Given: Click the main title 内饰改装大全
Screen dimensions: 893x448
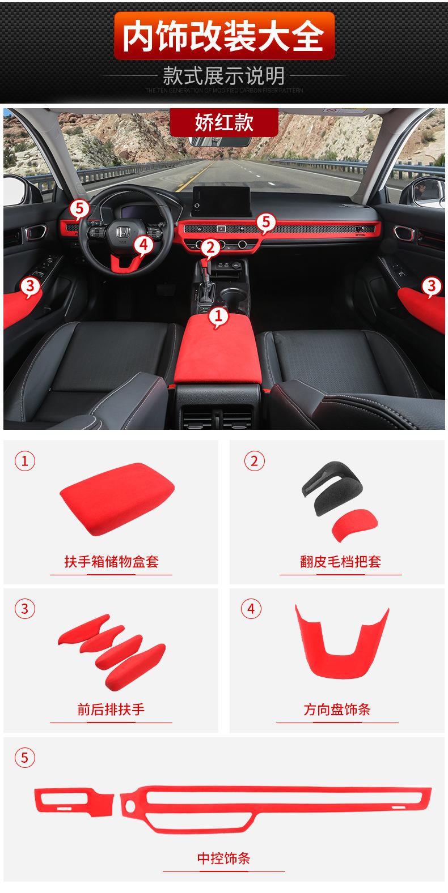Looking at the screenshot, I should coord(224,36).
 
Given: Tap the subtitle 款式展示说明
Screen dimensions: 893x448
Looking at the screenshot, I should coord(224,75).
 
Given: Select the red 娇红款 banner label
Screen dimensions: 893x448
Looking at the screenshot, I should coord(224,122).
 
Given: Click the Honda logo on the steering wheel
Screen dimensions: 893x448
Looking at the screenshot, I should coord(121,233).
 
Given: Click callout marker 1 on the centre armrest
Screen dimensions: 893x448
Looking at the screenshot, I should coord(219,317).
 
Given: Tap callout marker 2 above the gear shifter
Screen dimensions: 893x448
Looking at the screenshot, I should coord(210,247).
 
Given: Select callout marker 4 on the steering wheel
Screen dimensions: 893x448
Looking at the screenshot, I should coord(143,245).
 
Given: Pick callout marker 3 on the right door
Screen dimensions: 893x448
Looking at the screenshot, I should coord(431,286).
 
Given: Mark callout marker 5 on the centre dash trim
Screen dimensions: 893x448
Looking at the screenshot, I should coord(265,223).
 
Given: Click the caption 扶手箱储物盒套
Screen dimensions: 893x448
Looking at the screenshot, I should coord(111,562).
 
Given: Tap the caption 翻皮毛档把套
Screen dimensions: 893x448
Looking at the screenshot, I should coord(340,562).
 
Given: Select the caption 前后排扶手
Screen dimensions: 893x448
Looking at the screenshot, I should coord(111,709).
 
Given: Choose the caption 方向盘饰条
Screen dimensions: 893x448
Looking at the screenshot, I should coord(337,709).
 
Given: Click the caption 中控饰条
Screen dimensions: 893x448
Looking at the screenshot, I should coord(223,858).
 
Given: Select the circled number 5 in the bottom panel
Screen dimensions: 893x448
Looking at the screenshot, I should coord(24,757).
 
